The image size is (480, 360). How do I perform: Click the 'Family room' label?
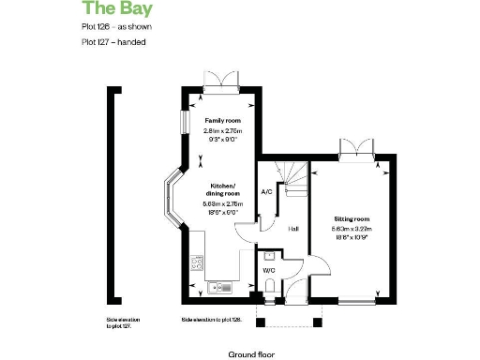(223, 121)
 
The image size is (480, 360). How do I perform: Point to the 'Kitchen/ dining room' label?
(223, 190)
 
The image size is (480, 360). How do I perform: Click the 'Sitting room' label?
(352, 217)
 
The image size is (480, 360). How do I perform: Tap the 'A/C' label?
(266, 192)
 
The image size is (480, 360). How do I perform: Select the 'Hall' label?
(293, 229)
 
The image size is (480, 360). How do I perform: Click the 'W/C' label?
(268, 270)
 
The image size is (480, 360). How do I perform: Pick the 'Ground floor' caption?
(249, 354)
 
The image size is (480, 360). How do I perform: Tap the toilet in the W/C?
(270, 290)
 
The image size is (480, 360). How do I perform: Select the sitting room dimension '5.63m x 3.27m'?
(352, 228)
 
